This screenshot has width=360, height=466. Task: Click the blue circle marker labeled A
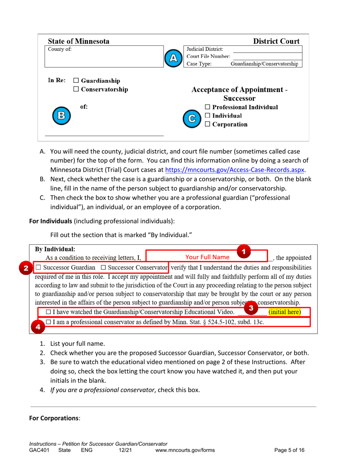pos(174,57)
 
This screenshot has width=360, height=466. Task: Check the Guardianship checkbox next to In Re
pos(75,81)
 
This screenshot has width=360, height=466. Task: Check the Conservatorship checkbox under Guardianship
pos(75,89)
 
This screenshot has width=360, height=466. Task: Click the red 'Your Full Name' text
pos(207,256)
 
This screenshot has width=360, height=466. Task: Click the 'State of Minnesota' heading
pos(78,41)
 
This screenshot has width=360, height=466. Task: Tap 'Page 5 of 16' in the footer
pos(289,450)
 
